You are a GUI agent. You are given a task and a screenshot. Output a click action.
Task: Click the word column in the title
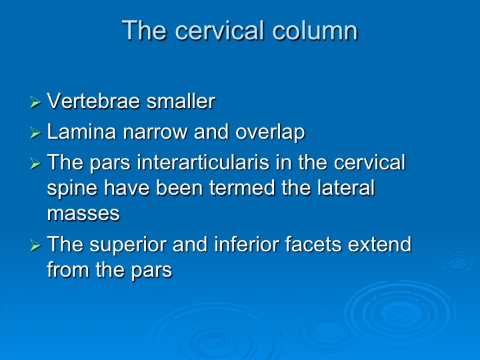(x=315, y=30)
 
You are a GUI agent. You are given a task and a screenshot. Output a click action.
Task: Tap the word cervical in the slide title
(x=219, y=30)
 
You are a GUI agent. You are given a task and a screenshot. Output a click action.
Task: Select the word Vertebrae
(x=93, y=101)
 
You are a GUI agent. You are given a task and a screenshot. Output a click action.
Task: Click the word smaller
(x=181, y=101)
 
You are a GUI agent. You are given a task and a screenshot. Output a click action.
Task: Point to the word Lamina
(x=81, y=131)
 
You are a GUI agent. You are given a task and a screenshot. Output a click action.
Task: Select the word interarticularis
(x=203, y=162)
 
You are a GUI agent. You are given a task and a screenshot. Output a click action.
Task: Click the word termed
(x=242, y=187)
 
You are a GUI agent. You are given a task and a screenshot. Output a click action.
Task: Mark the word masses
(x=83, y=214)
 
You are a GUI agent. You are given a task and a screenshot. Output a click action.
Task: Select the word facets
(x=313, y=244)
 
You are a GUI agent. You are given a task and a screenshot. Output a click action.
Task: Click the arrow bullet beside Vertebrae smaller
(x=35, y=102)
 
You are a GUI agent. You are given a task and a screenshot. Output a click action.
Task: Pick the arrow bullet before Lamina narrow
(x=35, y=133)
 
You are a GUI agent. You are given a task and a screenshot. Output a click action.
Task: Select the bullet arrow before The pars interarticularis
(x=35, y=164)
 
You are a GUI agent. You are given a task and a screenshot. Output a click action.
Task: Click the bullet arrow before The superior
(x=35, y=245)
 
